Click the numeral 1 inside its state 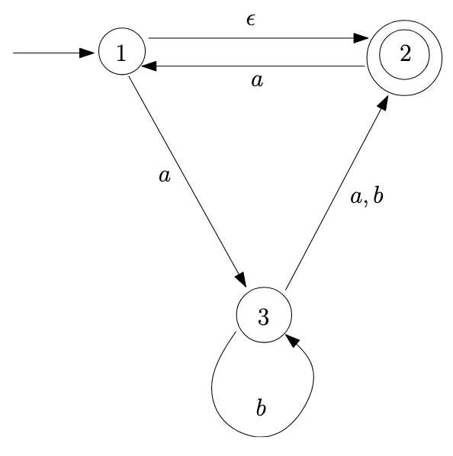(121, 53)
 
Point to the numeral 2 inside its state (405, 53)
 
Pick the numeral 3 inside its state (263, 316)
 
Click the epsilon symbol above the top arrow (251, 20)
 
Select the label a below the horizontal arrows (257, 81)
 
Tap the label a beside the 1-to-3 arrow (165, 175)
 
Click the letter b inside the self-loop (261, 407)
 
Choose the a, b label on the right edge (367, 196)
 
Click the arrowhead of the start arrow (87, 53)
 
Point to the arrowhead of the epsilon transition (361, 38)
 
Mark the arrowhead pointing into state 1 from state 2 (149, 66)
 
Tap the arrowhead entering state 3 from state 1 (242, 280)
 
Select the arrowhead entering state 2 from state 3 (384, 103)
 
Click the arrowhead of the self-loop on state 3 (293, 340)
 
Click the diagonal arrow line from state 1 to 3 (188, 181)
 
